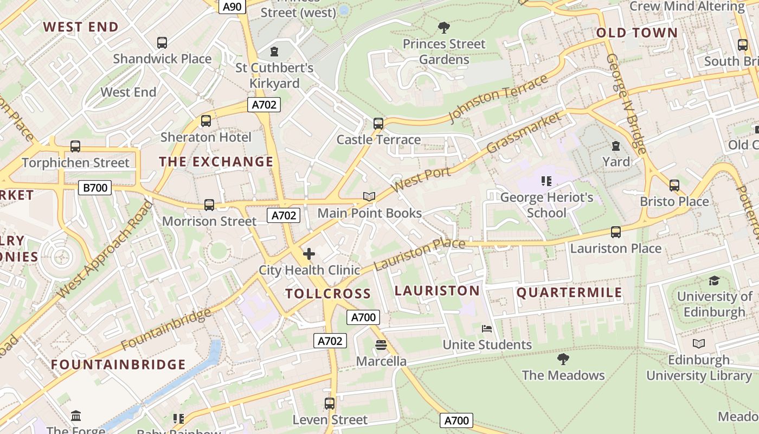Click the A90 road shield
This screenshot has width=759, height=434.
coord(233,7)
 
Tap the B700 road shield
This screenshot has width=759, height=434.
coord(95,188)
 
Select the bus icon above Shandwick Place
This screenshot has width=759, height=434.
coord(162,42)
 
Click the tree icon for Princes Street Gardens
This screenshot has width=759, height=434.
coord(444,27)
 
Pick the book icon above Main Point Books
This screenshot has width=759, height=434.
coord(369,196)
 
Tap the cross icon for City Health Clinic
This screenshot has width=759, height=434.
coord(309,253)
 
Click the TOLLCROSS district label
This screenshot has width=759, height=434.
coord(328,293)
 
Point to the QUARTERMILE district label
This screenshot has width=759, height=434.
coord(569,293)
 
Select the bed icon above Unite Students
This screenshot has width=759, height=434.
coord(487,329)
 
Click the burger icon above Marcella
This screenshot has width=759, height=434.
coord(381,345)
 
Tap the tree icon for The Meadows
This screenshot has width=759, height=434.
coord(563,359)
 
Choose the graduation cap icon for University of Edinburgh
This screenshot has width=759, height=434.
coord(714,280)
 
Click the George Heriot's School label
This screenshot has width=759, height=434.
coord(546,205)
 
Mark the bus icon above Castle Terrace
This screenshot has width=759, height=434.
coord(378,123)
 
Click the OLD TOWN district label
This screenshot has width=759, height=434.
coord(637,33)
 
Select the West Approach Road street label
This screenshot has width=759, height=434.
coord(105,250)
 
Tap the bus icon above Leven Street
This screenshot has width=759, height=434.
coord(330,403)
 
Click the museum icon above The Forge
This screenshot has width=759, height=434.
coord(76,416)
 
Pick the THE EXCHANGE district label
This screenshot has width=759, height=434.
coord(216,161)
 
